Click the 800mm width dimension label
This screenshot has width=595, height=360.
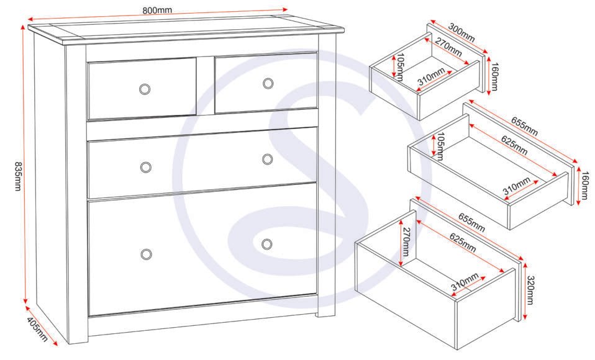pyautogui.click(x=157, y=11)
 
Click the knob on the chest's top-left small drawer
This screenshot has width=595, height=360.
pyautogui.click(x=145, y=89)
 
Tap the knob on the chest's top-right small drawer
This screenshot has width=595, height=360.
pyautogui.click(x=268, y=83)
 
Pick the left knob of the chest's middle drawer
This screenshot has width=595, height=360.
pyautogui.click(x=146, y=167)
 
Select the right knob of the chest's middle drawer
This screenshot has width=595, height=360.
pyautogui.click(x=267, y=160)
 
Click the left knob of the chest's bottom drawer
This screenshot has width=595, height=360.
pyautogui.click(x=147, y=254)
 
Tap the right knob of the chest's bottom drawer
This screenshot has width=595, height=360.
pyautogui.click(x=267, y=243)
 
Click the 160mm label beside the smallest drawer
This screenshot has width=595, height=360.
pyautogui.click(x=494, y=76)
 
